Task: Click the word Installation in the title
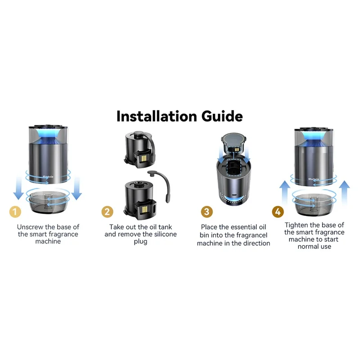click(157, 116)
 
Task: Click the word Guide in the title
click(222, 116)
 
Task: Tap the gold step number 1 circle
click(15, 211)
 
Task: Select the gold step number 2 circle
click(107, 211)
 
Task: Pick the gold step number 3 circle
click(207, 211)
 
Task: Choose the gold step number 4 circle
click(278, 211)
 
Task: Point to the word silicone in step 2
click(165, 234)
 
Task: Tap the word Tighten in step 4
click(295, 225)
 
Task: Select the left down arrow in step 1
click(18, 188)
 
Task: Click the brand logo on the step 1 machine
click(48, 176)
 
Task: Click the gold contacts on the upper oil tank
click(144, 158)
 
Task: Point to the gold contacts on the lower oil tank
click(145, 209)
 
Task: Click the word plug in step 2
click(140, 242)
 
